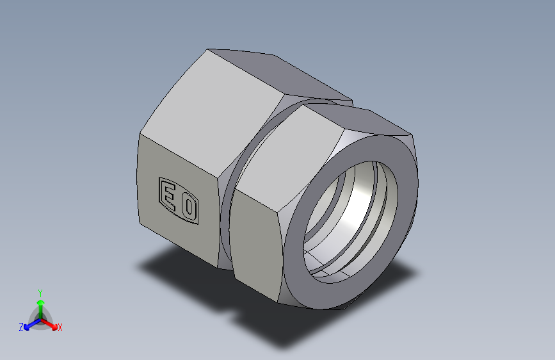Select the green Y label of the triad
tap(40, 292)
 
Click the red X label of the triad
tap(60, 328)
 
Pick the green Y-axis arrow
tap(40, 304)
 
